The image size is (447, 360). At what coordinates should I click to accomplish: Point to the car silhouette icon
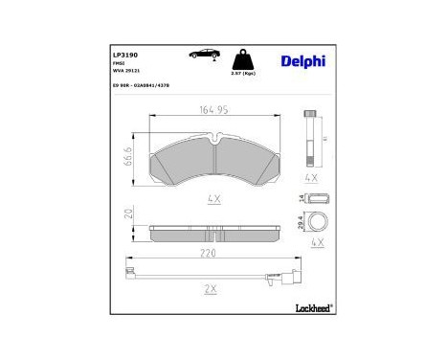click(204, 55)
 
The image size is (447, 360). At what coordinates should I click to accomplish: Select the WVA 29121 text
click(113, 73)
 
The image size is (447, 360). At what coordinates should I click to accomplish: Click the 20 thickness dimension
click(131, 214)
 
